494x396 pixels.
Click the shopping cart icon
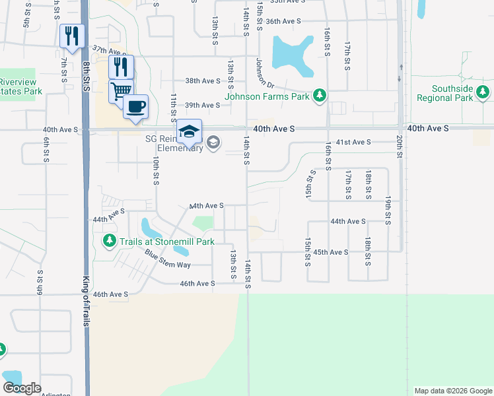coord(121,90)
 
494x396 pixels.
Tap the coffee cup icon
coord(135,106)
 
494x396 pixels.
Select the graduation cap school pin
coord(189,131)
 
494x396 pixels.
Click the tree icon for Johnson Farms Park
coord(320,96)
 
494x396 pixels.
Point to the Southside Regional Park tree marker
coord(484,93)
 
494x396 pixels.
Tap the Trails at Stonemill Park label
coord(167,242)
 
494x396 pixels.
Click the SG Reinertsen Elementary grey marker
coord(213,143)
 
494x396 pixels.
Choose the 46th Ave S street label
coord(197,284)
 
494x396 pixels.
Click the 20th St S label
coord(400,145)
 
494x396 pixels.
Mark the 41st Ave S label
coord(354,142)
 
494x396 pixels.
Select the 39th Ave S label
coord(201,105)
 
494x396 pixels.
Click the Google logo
coord(22,388)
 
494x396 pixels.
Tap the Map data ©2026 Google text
coord(453,391)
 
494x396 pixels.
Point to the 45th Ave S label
coord(330,252)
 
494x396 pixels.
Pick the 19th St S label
coord(388,211)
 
